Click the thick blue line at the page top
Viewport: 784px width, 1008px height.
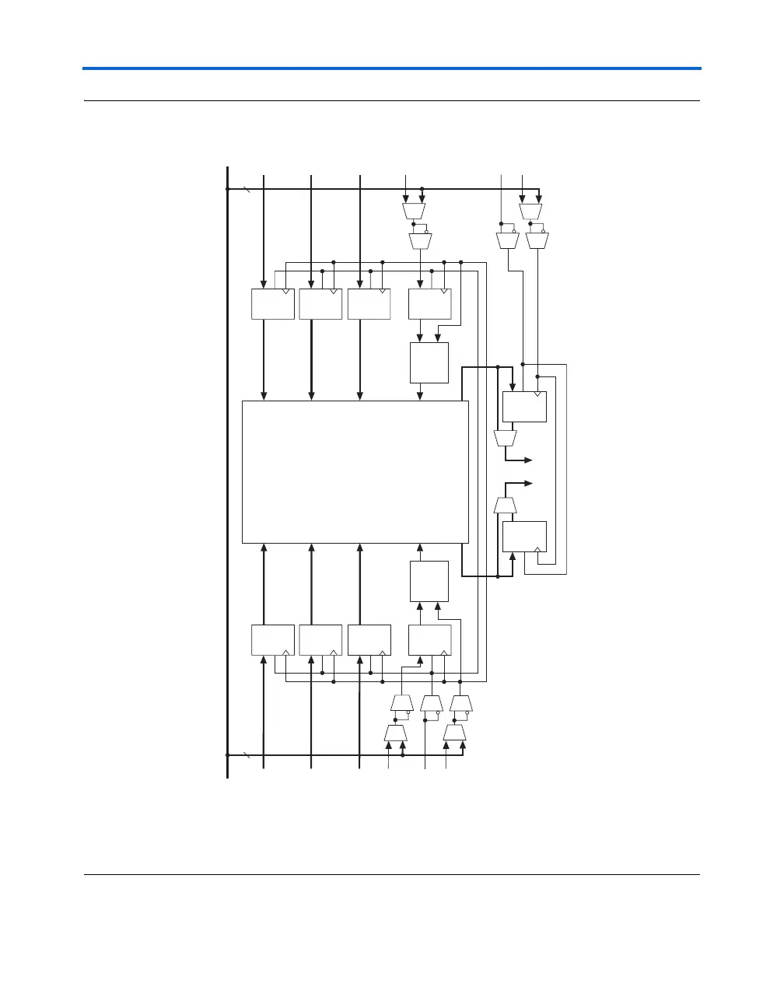[392, 68]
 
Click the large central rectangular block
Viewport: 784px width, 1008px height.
[355, 472]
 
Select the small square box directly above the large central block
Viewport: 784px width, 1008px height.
[429, 362]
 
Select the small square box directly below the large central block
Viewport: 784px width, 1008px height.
[429, 581]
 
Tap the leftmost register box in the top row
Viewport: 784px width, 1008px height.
[273, 304]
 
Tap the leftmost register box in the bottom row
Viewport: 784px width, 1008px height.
[273, 639]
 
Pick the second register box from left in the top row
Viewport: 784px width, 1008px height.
[320, 304]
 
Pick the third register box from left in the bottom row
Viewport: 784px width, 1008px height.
[369, 639]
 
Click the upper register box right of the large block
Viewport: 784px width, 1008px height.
[525, 407]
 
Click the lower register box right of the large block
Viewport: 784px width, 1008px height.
[525, 536]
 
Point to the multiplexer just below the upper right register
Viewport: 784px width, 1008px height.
[506, 439]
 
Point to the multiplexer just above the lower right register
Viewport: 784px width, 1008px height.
[506, 506]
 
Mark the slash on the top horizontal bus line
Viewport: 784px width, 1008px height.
[247, 189]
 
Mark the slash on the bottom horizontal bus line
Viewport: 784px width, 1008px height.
[247, 754]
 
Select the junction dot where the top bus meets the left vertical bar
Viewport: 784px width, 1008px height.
[227, 189]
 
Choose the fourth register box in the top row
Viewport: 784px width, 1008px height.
[430, 304]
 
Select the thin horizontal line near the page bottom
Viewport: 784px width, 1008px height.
[392, 875]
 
